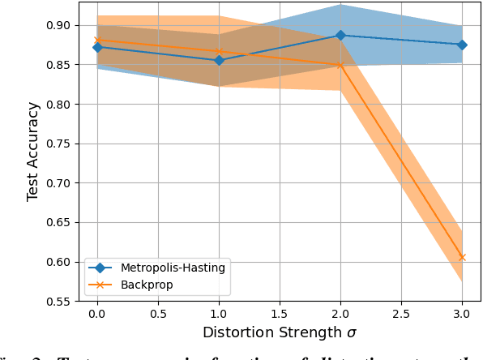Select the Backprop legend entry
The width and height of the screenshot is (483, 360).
147,284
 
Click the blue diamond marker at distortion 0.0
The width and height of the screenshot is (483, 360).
97,47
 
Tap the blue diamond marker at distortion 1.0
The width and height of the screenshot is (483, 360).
219,61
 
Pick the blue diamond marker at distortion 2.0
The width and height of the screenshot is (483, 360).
340,36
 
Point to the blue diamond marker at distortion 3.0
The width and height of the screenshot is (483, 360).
462,45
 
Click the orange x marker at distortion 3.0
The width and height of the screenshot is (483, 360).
462,258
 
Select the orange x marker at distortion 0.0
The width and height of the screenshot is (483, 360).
97,41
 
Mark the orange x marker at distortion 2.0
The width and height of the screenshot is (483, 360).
340,65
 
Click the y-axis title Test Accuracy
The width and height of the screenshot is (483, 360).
32,152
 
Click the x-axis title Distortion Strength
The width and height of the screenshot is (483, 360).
273,332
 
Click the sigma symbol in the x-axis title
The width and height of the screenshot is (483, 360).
350,333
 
